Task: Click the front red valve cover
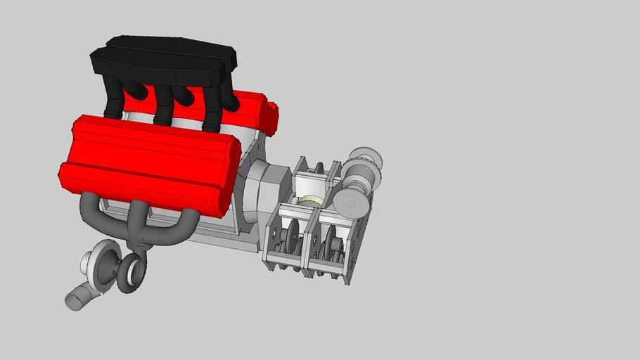[148, 162]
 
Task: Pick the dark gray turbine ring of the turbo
[131, 274]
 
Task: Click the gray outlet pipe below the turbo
[76, 298]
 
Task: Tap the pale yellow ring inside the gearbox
[310, 202]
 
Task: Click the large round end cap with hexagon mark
[350, 203]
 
